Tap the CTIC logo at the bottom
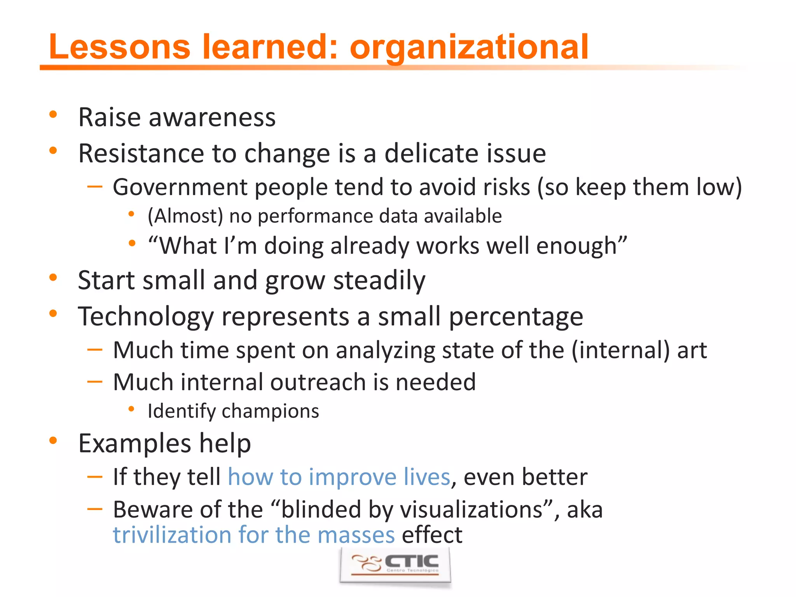(395, 565)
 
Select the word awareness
(212, 117)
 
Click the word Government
(180, 187)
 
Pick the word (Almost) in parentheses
(185, 216)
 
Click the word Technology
(146, 316)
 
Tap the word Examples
(134, 443)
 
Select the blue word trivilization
(171, 535)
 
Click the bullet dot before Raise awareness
(53, 115)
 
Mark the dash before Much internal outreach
(94, 382)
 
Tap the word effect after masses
(432, 535)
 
